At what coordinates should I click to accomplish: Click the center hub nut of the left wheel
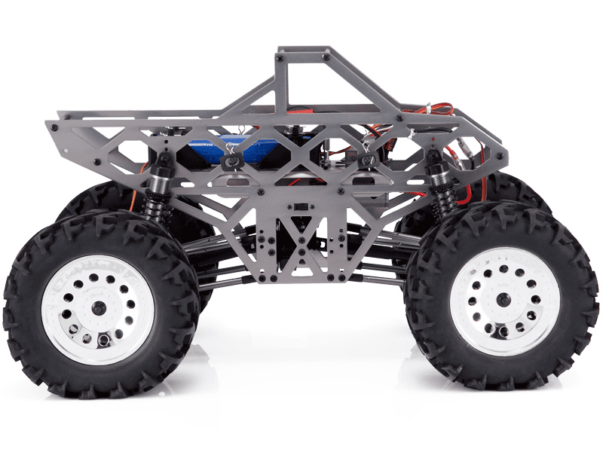tap(98, 308)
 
